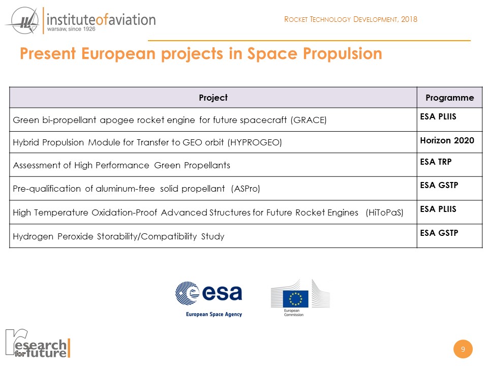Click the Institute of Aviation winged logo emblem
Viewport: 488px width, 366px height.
click(x=23, y=22)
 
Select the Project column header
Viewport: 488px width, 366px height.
click(x=213, y=98)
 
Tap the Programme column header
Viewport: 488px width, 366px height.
click(x=449, y=98)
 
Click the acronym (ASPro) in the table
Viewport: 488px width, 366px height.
click(x=246, y=189)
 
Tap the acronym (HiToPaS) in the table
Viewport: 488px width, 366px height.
click(x=385, y=212)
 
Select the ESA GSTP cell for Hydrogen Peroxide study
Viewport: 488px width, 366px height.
click(x=439, y=233)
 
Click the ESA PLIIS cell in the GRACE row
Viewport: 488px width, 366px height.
click(x=438, y=116)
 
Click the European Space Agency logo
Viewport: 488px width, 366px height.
click(x=209, y=298)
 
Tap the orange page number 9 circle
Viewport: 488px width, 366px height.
click(x=463, y=349)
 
